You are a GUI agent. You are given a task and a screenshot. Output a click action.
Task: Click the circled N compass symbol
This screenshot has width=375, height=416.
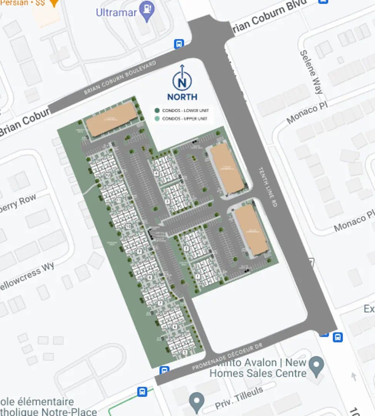click(x=182, y=82)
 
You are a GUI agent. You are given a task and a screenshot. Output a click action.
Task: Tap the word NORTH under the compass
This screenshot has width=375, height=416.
click(x=182, y=97)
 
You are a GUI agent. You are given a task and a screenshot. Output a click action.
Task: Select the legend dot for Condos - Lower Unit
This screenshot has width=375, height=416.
click(x=157, y=111)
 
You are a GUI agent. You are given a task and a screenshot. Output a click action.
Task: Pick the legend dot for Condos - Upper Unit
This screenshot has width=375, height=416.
click(x=157, y=119)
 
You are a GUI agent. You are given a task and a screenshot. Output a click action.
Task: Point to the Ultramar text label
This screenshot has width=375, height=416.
click(x=116, y=12)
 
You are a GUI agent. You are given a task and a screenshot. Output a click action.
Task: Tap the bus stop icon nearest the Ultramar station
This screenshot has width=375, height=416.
click(x=179, y=44)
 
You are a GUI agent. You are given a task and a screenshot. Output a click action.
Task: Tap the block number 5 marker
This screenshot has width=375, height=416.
click(x=185, y=352)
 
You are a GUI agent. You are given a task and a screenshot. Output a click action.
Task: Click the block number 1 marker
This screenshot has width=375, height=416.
click(x=198, y=276)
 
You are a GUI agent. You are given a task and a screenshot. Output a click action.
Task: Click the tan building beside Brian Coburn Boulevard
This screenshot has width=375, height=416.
click(x=111, y=119)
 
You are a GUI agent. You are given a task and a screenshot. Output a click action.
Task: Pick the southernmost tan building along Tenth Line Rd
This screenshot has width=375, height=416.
click(x=251, y=230)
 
